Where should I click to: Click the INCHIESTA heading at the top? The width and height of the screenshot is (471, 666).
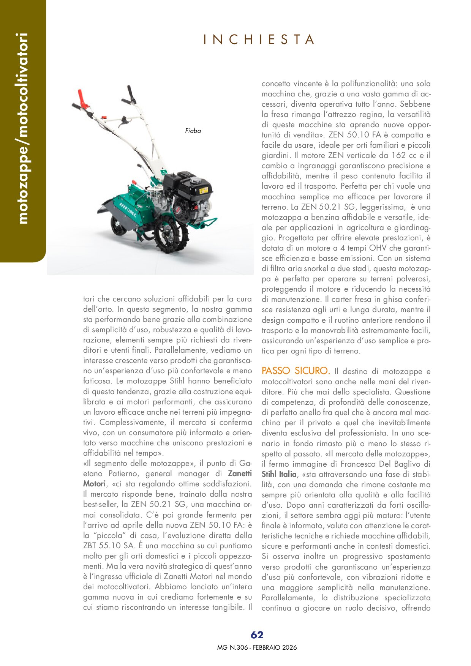[x=259, y=39]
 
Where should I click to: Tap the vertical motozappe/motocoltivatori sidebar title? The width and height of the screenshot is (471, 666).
[x=22, y=128]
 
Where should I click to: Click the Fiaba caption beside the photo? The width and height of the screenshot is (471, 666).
[x=193, y=131]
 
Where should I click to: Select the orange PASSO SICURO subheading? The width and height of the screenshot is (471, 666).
[x=296, y=371]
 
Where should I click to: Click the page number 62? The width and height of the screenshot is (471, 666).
[x=257, y=635]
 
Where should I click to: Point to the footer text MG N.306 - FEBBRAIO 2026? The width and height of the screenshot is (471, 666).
[x=257, y=647]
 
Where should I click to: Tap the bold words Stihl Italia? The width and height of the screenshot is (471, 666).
[x=279, y=474]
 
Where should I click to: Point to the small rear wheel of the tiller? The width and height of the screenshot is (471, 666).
[x=119, y=227]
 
